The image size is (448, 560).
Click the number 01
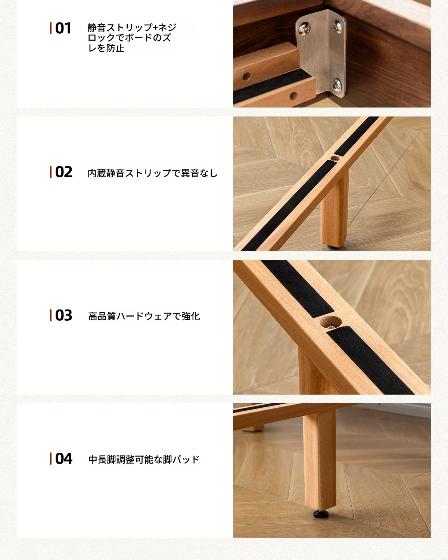63,28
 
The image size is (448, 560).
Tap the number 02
63,172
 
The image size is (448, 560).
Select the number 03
63,315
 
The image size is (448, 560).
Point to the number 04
63,458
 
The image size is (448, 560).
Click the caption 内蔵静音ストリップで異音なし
152,173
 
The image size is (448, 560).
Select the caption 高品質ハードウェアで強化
144,316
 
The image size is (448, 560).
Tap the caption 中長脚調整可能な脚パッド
144,460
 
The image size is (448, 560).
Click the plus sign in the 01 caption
155,27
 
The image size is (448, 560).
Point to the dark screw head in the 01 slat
246,76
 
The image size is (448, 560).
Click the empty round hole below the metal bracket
293,96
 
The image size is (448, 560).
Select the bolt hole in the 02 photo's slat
335,158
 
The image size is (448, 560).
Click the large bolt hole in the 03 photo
331,323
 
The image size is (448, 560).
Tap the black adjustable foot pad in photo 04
321,514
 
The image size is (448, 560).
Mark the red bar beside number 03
51,315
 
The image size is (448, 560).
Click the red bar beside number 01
51,28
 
